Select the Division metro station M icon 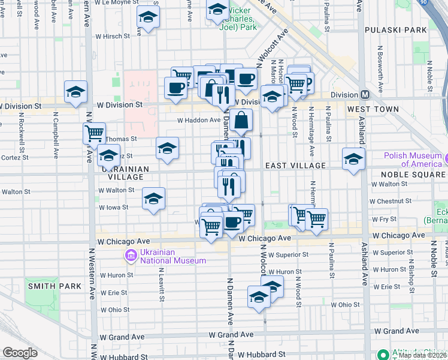tap(365, 95)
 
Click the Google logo tap(20, 353)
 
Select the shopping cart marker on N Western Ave tap(94, 133)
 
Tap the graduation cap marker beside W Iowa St tap(154, 199)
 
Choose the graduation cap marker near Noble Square tap(353, 160)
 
